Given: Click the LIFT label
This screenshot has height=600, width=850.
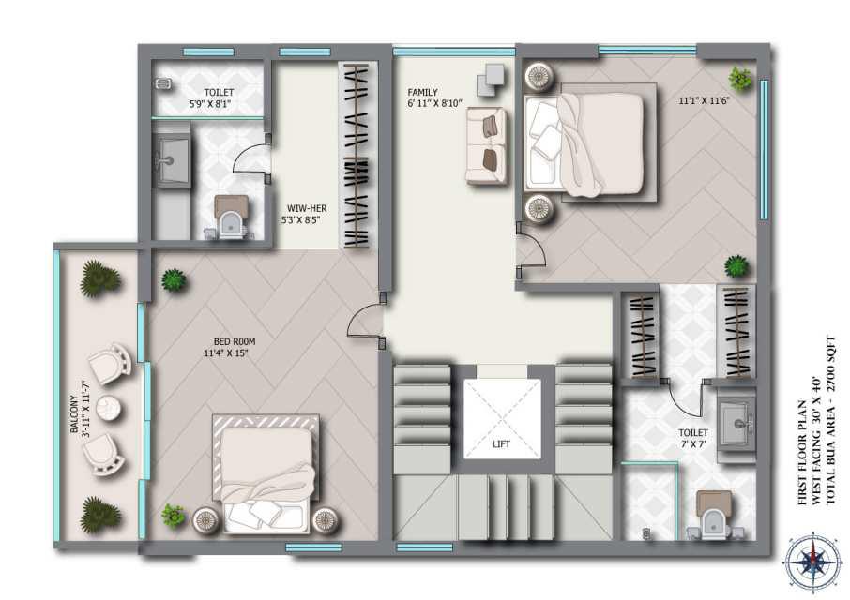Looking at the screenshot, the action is [x=501, y=444].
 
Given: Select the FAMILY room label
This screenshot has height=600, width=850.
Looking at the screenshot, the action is [x=422, y=93].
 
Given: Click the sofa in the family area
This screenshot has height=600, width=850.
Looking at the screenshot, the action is [x=486, y=145].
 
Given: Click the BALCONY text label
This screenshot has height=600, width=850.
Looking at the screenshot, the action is [x=74, y=414].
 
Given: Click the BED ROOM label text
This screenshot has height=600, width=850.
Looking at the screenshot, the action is [x=235, y=341].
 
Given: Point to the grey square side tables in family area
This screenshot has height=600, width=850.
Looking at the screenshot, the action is [x=491, y=80].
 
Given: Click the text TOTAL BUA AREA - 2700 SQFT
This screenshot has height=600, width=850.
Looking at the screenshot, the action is [x=831, y=421].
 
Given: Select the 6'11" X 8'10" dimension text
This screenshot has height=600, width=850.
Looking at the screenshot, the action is [x=434, y=103].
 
